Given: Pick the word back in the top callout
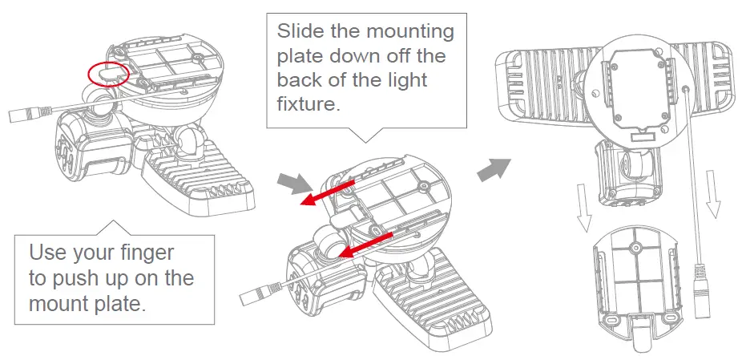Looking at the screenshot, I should (x=300, y=80).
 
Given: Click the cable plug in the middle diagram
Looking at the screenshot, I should (x=255, y=296).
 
